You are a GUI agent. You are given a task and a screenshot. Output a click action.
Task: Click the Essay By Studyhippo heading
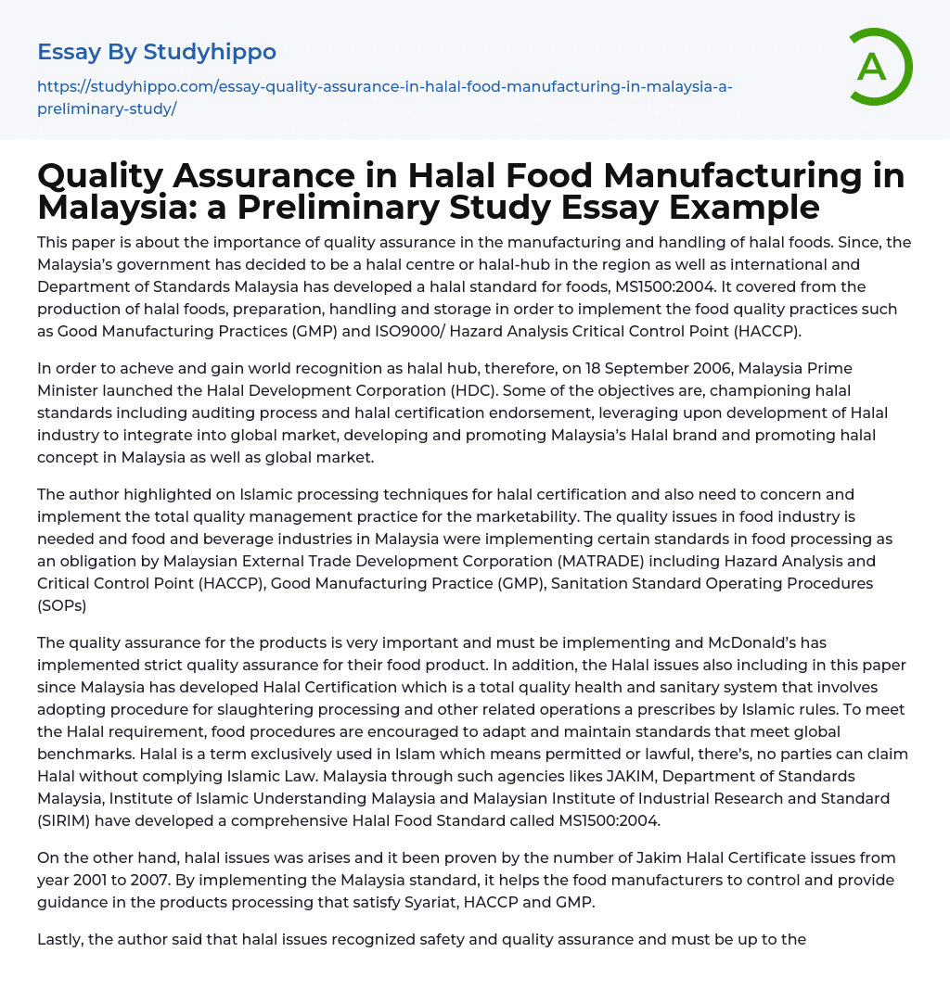[x=157, y=51]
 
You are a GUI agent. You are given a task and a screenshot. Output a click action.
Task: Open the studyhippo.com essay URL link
[x=384, y=97]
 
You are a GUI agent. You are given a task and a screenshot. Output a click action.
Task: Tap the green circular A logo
[x=875, y=67]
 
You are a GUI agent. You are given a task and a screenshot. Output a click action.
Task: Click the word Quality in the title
[x=121, y=175]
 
